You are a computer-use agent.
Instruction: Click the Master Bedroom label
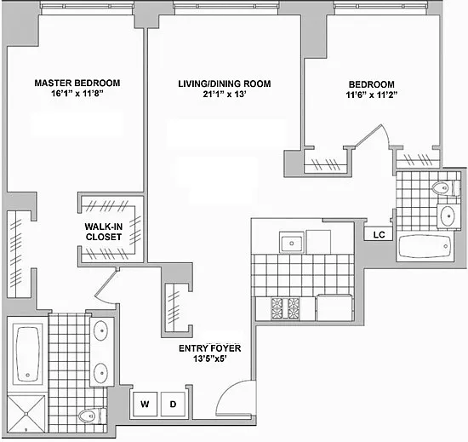[77, 83]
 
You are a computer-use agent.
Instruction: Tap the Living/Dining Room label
[225, 83]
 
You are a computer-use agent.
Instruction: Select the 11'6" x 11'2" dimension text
[372, 95]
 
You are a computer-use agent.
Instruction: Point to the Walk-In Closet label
[104, 232]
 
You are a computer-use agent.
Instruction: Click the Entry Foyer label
[210, 348]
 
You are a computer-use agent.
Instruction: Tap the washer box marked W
[145, 404]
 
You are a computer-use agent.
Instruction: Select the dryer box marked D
[173, 404]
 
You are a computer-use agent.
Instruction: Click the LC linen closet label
[379, 235]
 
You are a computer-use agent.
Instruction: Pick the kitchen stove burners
[285, 308]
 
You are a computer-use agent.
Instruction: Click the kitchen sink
[292, 243]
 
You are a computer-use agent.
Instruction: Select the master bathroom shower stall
[26, 414]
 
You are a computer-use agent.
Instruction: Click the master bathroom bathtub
[27, 354]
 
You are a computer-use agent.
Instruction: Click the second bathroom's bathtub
[425, 246]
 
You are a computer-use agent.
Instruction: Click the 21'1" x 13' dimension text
[225, 95]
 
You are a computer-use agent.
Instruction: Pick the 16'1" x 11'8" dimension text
[77, 94]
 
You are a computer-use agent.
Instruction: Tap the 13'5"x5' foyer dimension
[209, 359]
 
